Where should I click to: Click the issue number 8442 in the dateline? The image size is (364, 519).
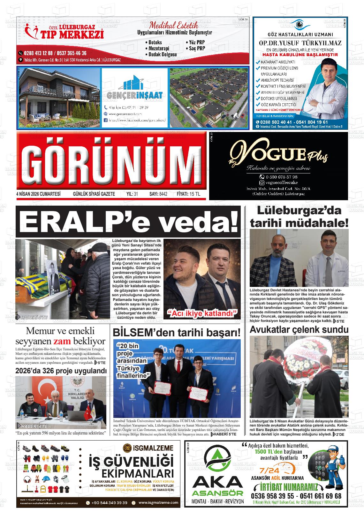[163, 194]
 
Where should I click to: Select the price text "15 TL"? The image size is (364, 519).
[194, 194]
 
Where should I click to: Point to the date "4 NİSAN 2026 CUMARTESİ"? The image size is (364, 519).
[38, 194]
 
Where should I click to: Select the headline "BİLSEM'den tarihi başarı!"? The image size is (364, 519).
[176, 333]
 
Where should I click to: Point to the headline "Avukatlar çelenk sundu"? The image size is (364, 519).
[299, 330]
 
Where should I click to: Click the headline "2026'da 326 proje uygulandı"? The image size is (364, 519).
[61, 371]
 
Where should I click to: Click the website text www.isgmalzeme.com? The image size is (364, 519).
[158, 502]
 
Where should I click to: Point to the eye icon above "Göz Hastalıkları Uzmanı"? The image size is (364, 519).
[300, 25]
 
